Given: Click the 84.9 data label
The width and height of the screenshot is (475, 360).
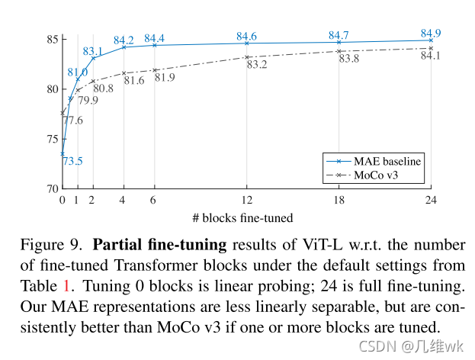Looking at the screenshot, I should (431, 33).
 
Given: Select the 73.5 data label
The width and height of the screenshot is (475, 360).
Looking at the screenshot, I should (72, 161).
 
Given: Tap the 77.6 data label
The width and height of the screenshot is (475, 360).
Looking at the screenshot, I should (73, 121).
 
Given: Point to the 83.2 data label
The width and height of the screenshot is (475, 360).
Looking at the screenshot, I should (256, 65).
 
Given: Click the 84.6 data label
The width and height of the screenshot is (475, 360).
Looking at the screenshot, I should (246, 36).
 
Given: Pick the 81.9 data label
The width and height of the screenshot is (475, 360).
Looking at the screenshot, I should (165, 78).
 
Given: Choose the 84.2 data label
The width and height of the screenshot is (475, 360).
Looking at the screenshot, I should (124, 40).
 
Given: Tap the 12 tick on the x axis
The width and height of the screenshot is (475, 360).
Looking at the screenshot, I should (246, 201).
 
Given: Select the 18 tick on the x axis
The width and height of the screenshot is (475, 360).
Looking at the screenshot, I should (339, 201).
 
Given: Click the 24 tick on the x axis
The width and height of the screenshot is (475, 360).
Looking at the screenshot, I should (431, 201).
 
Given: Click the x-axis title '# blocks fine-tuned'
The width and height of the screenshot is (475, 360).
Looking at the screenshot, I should (242, 218).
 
